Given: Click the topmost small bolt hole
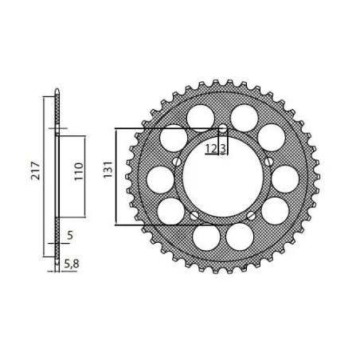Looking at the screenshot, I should pyautogui.click(x=222, y=129).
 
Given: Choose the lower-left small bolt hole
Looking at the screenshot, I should pyautogui.click(x=194, y=216).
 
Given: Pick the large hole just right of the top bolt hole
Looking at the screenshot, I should pyautogui.click(x=242, y=115).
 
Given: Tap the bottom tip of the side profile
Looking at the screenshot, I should pyautogui.click(x=57, y=268).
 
